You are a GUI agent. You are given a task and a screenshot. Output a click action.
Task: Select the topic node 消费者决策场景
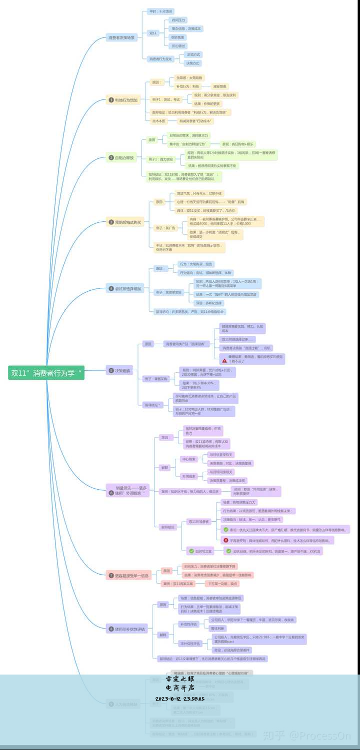(122, 37)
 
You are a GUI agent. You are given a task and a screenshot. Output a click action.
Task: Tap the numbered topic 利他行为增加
(123, 100)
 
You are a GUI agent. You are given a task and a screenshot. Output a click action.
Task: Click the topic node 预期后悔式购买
(125, 222)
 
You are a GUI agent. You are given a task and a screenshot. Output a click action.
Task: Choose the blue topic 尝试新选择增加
(125, 288)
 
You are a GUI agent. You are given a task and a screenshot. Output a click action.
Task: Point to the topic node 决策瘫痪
(120, 371)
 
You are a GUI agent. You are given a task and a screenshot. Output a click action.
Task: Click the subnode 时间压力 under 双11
(178, 20)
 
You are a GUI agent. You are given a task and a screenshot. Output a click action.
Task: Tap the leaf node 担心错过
(178, 45)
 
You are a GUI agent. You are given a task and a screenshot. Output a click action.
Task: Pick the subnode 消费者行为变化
(160, 59)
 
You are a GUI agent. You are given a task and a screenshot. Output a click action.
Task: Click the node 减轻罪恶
(219, 86)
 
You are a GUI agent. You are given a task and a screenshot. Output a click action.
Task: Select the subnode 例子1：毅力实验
(160, 159)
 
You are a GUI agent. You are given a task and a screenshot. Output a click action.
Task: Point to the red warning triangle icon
(224, 361)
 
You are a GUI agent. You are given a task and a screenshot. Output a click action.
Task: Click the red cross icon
(226, 540)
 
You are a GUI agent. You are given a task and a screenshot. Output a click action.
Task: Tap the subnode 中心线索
(189, 459)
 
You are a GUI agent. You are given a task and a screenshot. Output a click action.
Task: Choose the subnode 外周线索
(189, 476)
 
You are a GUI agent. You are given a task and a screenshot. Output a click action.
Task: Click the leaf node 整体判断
(217, 628)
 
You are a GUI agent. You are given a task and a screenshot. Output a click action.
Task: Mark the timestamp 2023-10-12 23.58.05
(180, 699)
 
